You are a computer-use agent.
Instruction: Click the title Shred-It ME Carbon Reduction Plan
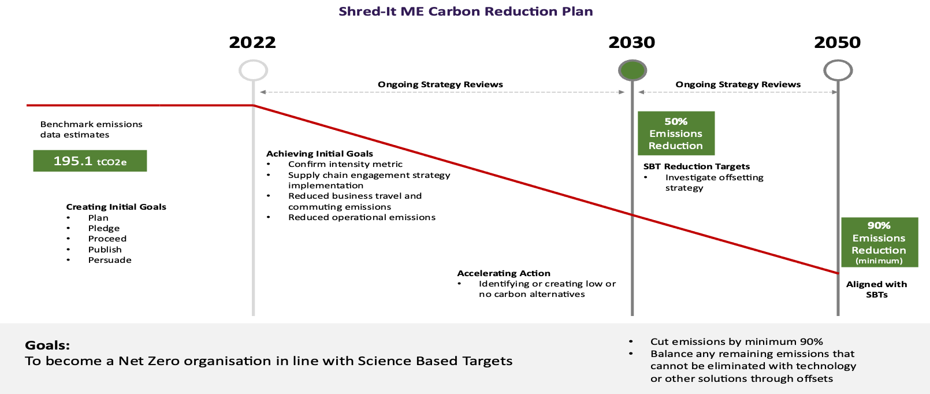(466, 11)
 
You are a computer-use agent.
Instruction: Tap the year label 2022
(252, 42)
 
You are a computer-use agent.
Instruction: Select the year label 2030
(631, 42)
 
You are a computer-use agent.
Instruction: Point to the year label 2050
(837, 42)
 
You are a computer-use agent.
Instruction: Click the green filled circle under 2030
(633, 70)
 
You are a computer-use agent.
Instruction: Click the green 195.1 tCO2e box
(90, 161)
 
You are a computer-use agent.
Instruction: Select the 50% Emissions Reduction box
(676, 133)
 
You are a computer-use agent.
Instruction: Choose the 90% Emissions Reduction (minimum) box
(879, 242)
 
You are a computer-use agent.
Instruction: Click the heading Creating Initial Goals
(116, 207)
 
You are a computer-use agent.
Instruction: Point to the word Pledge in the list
(104, 228)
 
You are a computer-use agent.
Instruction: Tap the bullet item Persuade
(110, 261)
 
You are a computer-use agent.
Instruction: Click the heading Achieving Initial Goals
(319, 154)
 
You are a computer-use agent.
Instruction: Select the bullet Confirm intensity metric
(345, 165)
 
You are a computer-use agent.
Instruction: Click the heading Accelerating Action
(504, 273)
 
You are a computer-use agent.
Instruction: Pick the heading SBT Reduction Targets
(697, 166)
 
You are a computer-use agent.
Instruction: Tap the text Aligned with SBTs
(876, 289)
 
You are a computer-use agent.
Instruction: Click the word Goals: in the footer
(47, 345)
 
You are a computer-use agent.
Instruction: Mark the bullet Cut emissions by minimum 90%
(736, 341)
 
